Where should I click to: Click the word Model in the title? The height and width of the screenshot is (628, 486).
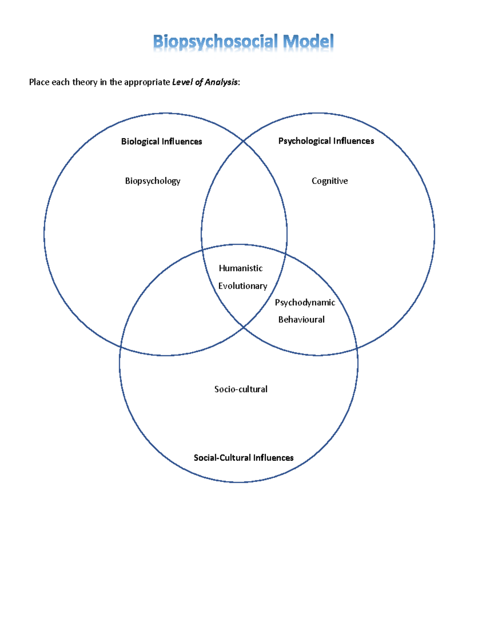coord(308,42)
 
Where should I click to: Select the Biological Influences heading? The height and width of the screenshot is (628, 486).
coord(162,142)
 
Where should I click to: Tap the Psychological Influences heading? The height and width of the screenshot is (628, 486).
coord(326,141)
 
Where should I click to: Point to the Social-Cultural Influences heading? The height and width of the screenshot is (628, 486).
coord(243,458)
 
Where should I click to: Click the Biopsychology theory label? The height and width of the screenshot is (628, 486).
coord(153,181)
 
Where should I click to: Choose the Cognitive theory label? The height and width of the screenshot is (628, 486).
coord(330,181)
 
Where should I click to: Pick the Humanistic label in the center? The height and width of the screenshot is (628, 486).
coord(241,269)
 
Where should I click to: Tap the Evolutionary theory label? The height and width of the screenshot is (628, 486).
coord(243,286)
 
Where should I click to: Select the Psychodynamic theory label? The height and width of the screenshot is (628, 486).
coord(305,303)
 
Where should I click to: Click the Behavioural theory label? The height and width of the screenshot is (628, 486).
coord(301,320)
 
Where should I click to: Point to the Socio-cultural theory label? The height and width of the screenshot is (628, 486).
coord(241,389)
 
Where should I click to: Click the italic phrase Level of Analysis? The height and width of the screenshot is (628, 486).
coord(205,82)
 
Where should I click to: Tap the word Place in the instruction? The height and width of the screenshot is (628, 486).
coord(39,82)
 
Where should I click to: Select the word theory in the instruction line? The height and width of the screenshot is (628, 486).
coord(85,82)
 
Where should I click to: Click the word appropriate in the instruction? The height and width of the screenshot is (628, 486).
coord(147,82)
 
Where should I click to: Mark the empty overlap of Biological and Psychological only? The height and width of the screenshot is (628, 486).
coord(244,202)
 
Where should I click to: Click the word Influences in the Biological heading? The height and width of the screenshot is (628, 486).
coord(181,142)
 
